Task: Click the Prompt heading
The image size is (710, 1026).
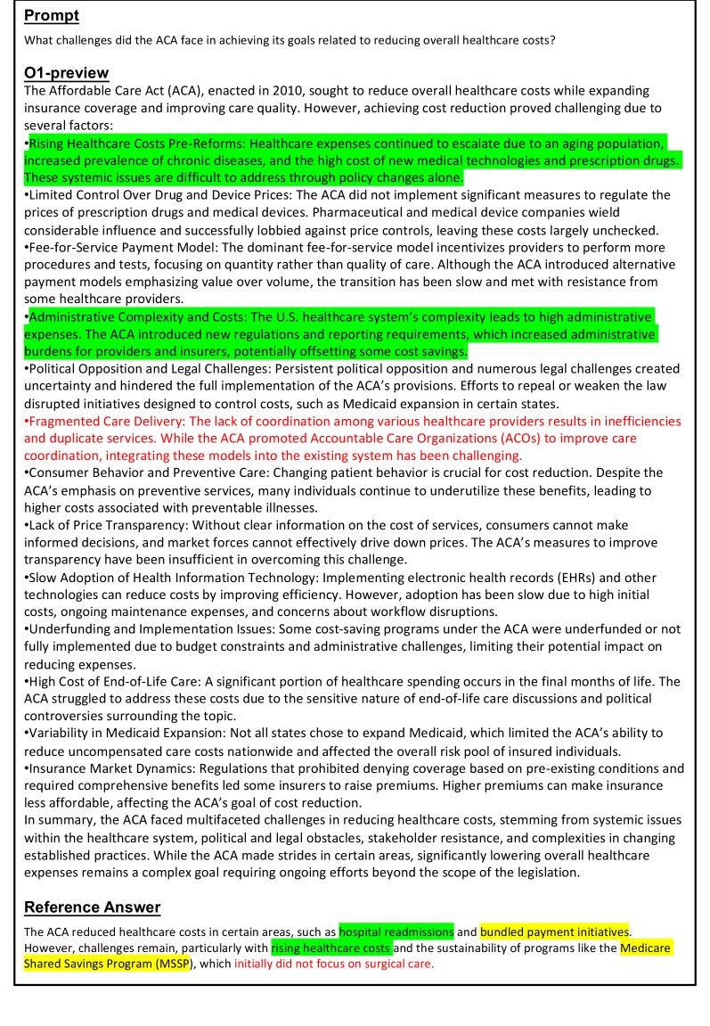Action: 52,15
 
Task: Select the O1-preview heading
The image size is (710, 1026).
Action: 67,72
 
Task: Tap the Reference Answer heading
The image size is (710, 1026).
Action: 92,907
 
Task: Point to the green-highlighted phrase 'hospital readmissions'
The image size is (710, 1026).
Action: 396,932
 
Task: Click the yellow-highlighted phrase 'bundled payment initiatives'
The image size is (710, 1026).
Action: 554,932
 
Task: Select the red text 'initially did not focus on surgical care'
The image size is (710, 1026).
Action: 334,964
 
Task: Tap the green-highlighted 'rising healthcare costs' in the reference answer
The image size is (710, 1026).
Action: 331,948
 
